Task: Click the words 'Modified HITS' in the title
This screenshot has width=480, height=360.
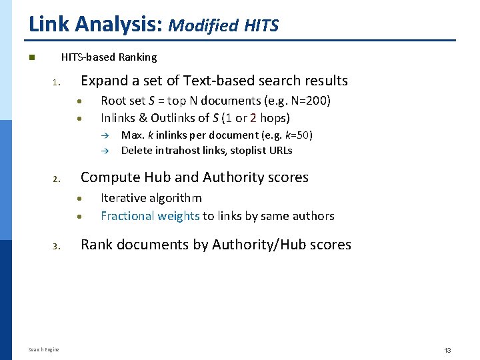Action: coord(223,25)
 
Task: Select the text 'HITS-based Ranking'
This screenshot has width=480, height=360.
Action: coord(109,57)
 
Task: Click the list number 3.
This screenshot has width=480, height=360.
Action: coord(57,247)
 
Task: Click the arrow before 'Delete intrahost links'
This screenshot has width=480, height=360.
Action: coord(105,151)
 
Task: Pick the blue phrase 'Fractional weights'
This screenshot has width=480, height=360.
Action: coord(150,215)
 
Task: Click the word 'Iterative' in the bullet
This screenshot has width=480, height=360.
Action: coord(123,198)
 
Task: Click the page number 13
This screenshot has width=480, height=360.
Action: coord(447,350)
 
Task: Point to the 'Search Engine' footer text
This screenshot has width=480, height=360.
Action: coord(44,350)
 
